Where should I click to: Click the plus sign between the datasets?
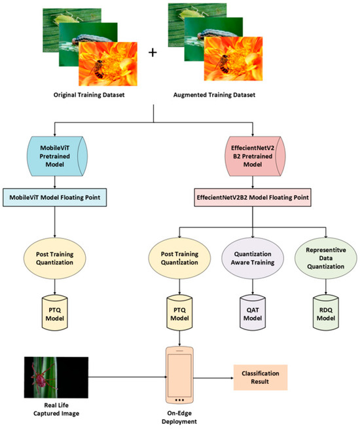[x=153, y=52]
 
